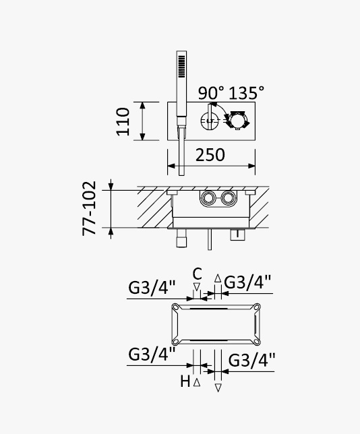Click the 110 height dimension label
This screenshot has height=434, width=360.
point(123,121)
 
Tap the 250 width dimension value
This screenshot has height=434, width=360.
point(210,155)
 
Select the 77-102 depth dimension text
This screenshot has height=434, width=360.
point(89,208)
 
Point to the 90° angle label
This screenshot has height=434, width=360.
point(211,93)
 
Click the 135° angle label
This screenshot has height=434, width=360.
point(247,93)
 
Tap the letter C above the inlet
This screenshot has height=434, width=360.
point(197,274)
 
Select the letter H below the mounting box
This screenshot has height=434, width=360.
point(185,381)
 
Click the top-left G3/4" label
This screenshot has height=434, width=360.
point(152,288)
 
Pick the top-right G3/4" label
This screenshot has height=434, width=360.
point(247,282)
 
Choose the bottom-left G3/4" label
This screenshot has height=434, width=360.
point(152,354)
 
